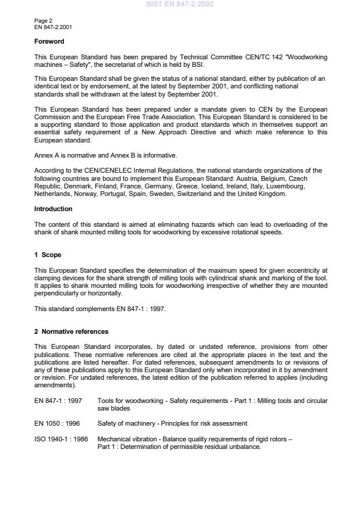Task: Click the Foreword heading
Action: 49,41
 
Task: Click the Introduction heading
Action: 53,208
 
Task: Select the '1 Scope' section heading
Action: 47,254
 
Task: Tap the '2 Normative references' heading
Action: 71,331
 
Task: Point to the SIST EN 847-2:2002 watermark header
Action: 180,4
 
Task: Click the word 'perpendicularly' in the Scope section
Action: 54,294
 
